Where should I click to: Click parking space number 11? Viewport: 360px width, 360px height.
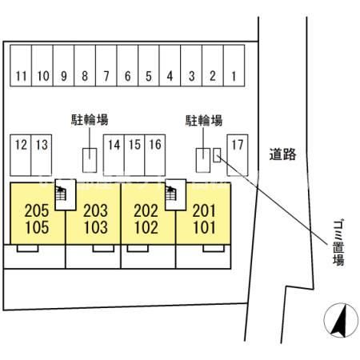[x=21, y=66]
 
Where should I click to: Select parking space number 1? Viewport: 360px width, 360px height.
[x=234, y=66]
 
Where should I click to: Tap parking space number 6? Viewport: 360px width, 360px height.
[x=127, y=66]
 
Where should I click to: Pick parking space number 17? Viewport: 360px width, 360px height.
[x=238, y=155]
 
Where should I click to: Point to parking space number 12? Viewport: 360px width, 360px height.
[x=21, y=155]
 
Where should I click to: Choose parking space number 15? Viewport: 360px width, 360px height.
[x=134, y=155]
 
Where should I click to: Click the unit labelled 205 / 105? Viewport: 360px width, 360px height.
[x=38, y=214]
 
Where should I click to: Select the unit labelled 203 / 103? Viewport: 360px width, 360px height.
[x=94, y=214]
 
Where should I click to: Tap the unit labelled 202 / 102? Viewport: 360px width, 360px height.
[x=148, y=214]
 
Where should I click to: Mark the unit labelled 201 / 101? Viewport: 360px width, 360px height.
[x=203, y=214]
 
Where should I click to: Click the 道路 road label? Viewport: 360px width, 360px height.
[x=282, y=154]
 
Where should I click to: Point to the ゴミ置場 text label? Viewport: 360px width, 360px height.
[x=338, y=242]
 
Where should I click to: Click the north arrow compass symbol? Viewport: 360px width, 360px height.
[x=341, y=320]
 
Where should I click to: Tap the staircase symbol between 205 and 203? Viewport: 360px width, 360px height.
[x=60, y=194]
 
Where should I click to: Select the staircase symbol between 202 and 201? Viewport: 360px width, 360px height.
[x=171, y=194]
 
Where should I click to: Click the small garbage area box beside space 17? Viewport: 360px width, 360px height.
[x=217, y=155]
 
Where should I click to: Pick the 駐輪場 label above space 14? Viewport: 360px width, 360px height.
[x=90, y=120]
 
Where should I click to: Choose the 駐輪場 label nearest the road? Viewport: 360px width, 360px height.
[x=204, y=121]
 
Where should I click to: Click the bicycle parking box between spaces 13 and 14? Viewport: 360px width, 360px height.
[x=90, y=160]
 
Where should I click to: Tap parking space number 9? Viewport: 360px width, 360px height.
[x=63, y=66]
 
